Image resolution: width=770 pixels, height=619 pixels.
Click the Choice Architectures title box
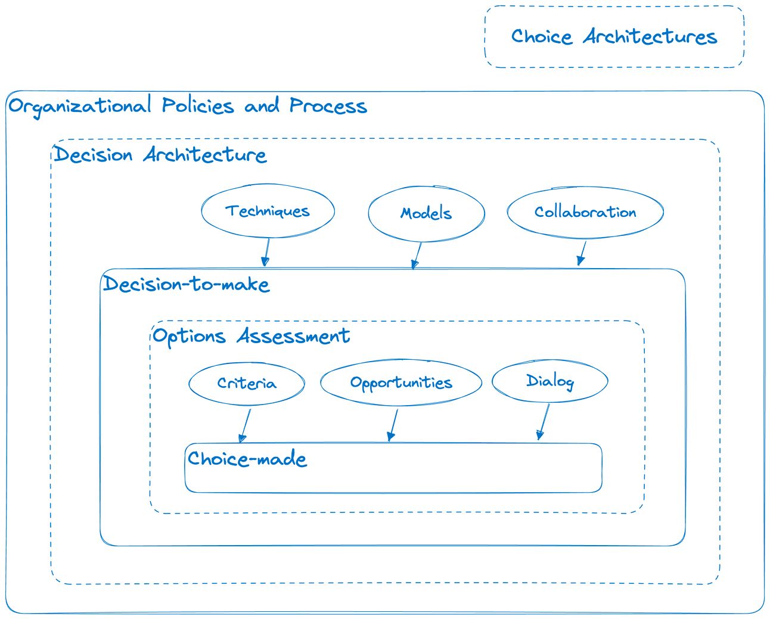pyautogui.click(x=614, y=37)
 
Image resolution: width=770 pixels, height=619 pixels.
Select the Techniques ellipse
pyautogui.click(x=268, y=211)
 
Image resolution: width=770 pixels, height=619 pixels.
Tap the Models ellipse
pyautogui.click(x=426, y=213)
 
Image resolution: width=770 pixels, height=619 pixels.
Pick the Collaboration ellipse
pyautogui.click(x=585, y=212)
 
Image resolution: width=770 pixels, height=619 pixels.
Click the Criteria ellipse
pyautogui.click(x=246, y=383)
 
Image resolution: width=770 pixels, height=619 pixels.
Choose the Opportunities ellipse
pyautogui.click(x=400, y=382)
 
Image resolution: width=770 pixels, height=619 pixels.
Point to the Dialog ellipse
pyautogui.click(x=549, y=381)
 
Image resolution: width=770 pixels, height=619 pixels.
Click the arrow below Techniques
pyautogui.click(x=266, y=253)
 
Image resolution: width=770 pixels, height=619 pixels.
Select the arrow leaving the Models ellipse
pyautogui.click(x=417, y=256)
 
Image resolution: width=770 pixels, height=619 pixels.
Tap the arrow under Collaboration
pyautogui.click(x=582, y=253)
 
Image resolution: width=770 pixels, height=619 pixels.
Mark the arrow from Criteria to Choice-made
pyautogui.click(x=245, y=425)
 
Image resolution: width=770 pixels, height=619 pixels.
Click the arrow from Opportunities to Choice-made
pyautogui.click(x=393, y=425)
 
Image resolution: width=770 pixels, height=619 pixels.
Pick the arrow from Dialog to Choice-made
pyautogui.click(x=544, y=422)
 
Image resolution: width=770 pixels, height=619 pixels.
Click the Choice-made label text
pyautogui.click(x=247, y=459)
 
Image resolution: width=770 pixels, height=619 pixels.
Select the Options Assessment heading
pyautogui.click(x=251, y=337)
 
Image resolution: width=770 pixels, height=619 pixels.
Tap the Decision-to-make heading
pyautogui.click(x=187, y=284)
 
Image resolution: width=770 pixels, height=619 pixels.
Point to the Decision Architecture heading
pyautogui.click(x=160, y=155)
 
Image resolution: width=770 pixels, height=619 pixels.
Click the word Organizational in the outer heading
pyautogui.click(x=80, y=107)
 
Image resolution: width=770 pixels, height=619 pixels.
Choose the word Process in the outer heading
pyautogui.click(x=328, y=106)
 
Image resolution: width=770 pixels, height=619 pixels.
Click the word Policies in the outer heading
pyautogui.click(x=198, y=106)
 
